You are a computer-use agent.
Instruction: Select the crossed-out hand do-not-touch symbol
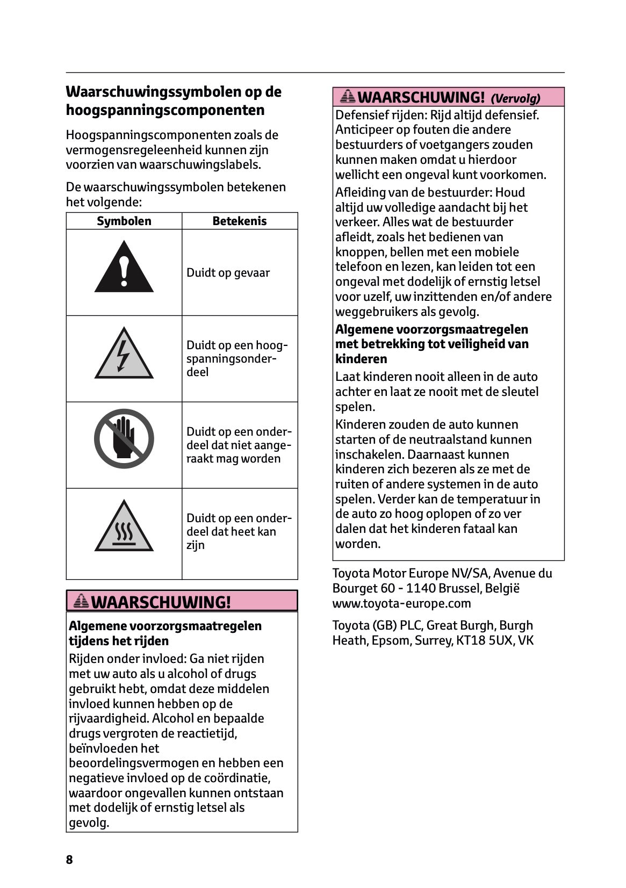click(x=124, y=439)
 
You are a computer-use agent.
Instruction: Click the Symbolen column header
click(x=124, y=221)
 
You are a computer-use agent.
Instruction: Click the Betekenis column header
click(x=239, y=221)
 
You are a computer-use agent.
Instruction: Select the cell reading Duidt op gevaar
click(x=228, y=273)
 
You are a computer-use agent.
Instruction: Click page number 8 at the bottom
click(x=69, y=860)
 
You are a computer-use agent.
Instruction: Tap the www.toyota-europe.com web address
click(x=401, y=603)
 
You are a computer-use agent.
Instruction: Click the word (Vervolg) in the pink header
click(x=515, y=98)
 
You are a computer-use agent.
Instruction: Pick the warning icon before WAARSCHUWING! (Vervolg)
click(x=348, y=97)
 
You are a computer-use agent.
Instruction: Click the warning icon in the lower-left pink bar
click(x=81, y=601)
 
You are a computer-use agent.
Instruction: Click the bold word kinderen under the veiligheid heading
click(x=361, y=359)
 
